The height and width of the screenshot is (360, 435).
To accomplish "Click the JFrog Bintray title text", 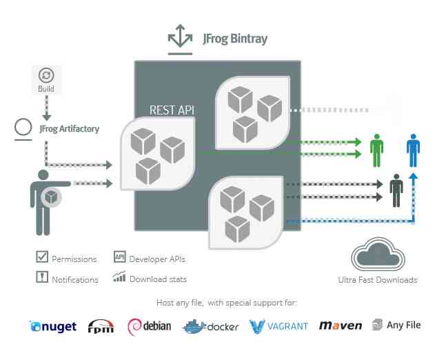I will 234,39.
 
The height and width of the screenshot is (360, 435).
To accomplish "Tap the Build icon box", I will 46,79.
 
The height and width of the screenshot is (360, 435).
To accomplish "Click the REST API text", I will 172,110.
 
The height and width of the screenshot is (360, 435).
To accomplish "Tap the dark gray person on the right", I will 396,190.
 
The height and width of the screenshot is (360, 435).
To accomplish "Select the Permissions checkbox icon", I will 42,257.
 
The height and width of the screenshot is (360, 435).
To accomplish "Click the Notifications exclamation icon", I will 42,278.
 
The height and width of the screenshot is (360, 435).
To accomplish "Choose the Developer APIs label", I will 157,259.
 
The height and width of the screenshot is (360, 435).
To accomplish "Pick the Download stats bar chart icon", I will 119,278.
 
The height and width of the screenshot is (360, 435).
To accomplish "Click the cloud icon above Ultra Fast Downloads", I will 377,256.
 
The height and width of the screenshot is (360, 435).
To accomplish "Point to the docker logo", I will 210,326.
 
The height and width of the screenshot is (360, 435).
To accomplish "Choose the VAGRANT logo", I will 279,326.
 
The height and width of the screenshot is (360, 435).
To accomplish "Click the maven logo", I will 340,326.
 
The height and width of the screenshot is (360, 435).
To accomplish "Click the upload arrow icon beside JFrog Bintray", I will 180,39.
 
